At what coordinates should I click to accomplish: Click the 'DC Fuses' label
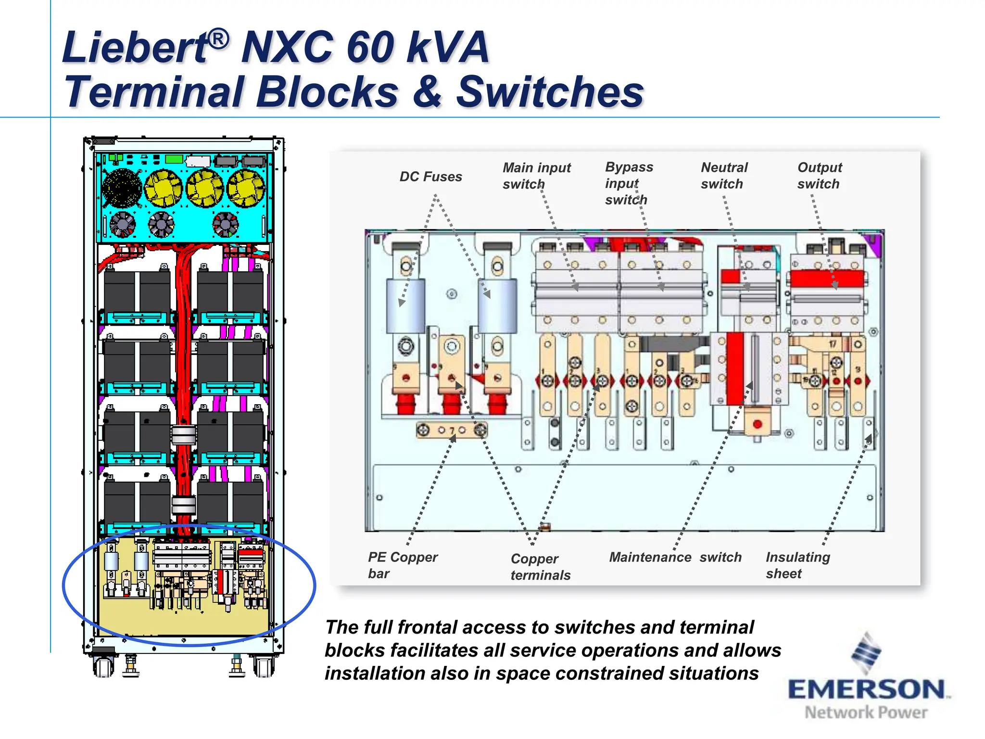430,177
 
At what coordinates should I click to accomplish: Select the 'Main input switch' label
536,176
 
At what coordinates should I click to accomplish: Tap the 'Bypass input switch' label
628,183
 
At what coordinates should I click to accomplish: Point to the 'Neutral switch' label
724,176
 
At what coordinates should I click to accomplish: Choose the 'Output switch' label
819,176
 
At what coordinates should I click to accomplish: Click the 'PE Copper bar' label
402,565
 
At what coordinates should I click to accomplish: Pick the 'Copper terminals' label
540,567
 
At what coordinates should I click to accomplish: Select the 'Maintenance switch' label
675,557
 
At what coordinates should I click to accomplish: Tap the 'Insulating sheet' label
797,565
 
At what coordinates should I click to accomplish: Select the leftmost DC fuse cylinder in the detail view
405,306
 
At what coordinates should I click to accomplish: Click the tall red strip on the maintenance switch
734,368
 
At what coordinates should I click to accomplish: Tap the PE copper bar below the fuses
451,430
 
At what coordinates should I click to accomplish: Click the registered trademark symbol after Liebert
219,38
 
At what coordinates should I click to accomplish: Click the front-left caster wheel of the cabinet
103,667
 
